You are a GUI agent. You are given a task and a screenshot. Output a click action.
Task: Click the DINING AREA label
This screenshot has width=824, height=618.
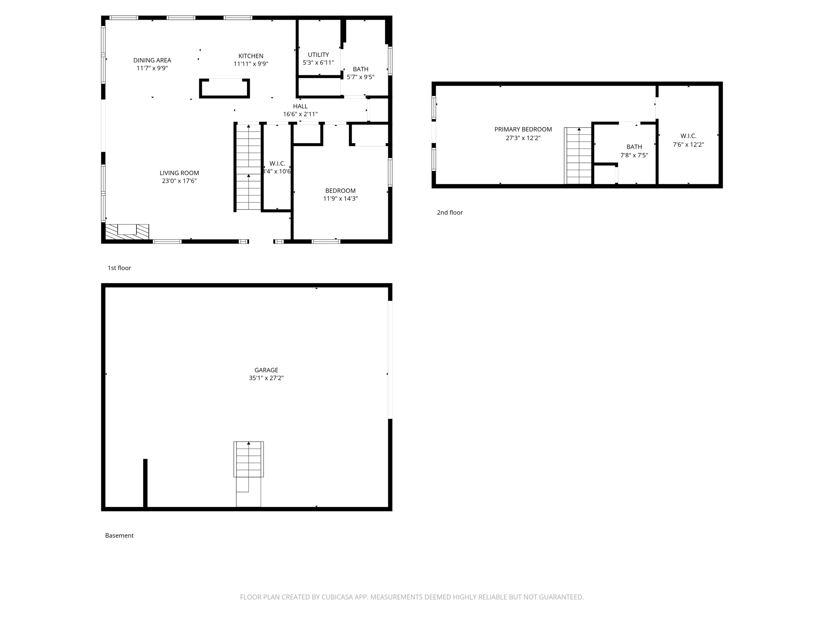(152, 60)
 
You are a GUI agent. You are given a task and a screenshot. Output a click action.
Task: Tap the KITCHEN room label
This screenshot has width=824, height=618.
(251, 56)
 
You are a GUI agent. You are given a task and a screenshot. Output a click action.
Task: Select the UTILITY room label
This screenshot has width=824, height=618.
(318, 55)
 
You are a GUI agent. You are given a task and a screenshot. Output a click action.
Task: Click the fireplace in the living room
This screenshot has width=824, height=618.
(127, 232)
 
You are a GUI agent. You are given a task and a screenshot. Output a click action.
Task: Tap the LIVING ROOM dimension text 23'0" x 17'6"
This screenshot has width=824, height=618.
(179, 181)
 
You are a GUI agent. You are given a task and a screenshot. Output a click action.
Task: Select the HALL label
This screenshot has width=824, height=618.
(300, 106)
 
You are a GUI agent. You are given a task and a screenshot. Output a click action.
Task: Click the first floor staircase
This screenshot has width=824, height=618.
(248, 167)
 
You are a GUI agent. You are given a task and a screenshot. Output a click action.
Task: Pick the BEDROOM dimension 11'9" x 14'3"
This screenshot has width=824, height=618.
(340, 198)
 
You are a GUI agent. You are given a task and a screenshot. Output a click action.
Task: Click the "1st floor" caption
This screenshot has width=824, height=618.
(119, 268)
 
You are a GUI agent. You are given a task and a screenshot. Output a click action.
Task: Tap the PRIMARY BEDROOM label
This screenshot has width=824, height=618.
(523, 129)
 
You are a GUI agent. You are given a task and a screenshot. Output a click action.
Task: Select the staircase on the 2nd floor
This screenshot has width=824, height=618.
(579, 156)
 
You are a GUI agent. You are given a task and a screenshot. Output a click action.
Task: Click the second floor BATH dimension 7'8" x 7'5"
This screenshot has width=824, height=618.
(634, 155)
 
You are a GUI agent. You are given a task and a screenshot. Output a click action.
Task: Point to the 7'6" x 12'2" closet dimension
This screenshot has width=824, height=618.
(688, 144)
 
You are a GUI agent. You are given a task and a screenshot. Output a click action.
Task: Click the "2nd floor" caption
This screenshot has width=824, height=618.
(450, 212)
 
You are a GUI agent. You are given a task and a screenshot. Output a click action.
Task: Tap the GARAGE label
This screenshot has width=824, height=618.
(266, 370)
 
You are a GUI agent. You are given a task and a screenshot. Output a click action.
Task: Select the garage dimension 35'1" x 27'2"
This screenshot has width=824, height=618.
(266, 378)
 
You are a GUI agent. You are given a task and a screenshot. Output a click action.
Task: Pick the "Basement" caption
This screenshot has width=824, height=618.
(119, 536)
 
